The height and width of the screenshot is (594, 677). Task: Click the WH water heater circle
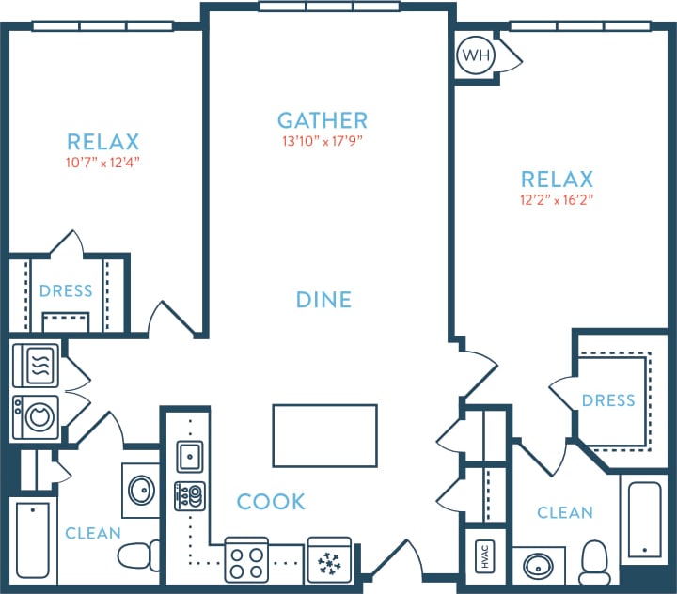(x=475, y=55)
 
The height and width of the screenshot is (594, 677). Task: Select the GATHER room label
(x=323, y=120)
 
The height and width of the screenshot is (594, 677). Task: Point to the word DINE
(x=323, y=300)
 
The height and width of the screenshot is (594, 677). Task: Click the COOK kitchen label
(x=271, y=502)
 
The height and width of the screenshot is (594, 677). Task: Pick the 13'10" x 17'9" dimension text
(x=323, y=142)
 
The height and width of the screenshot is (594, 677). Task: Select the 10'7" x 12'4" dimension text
(x=102, y=162)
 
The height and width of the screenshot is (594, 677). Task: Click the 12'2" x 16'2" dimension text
(x=557, y=199)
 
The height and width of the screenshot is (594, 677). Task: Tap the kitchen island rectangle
(x=324, y=435)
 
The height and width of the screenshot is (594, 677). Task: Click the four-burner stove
(x=246, y=561)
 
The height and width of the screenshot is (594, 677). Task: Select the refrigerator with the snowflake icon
(x=329, y=561)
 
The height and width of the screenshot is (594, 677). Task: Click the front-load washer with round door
(x=38, y=415)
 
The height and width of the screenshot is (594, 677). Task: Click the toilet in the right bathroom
(x=594, y=562)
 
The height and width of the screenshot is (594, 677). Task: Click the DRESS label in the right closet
(x=608, y=401)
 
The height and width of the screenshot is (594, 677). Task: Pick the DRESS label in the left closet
(x=66, y=291)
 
